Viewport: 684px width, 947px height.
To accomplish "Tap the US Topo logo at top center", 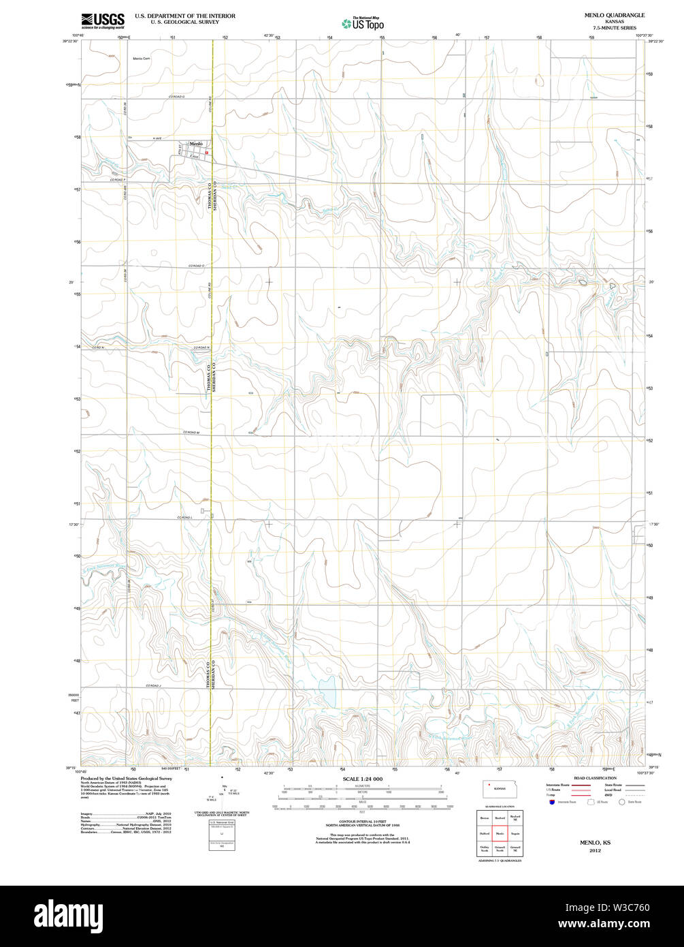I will [x=363, y=24].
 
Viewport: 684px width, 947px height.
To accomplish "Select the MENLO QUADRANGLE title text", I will [x=604, y=15].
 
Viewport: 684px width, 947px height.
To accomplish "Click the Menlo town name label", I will [x=196, y=144].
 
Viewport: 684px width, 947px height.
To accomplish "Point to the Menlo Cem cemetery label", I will [x=141, y=59].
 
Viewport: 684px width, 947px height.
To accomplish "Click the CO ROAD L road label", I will [x=185, y=518].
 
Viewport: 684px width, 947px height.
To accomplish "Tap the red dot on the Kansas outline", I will [x=489, y=785].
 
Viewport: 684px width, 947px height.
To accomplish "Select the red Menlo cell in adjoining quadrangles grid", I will [x=499, y=833].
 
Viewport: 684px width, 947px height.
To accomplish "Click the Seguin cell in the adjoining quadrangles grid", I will [x=515, y=833].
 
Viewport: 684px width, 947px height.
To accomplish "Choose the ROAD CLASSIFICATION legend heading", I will [x=595, y=778].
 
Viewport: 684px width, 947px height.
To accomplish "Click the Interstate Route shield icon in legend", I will [x=551, y=802].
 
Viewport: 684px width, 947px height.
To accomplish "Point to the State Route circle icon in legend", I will [x=621, y=802].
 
